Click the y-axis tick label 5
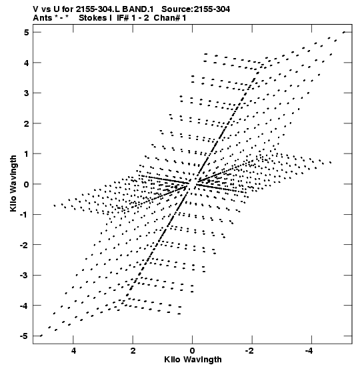point(26,32)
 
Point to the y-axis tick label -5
point(24,336)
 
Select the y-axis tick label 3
point(26,93)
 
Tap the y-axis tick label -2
point(24,245)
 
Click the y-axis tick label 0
point(26,184)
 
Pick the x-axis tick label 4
point(73,351)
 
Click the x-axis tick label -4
point(309,351)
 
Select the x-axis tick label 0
point(193,351)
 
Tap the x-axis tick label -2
point(250,351)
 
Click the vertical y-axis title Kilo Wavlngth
point(13,183)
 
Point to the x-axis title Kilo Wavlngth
point(193,360)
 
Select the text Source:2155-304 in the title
point(195,9)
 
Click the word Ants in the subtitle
point(43,18)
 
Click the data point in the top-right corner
point(344,32)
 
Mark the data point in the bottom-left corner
point(41,336)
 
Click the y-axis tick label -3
point(24,276)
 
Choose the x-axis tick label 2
point(133,351)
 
